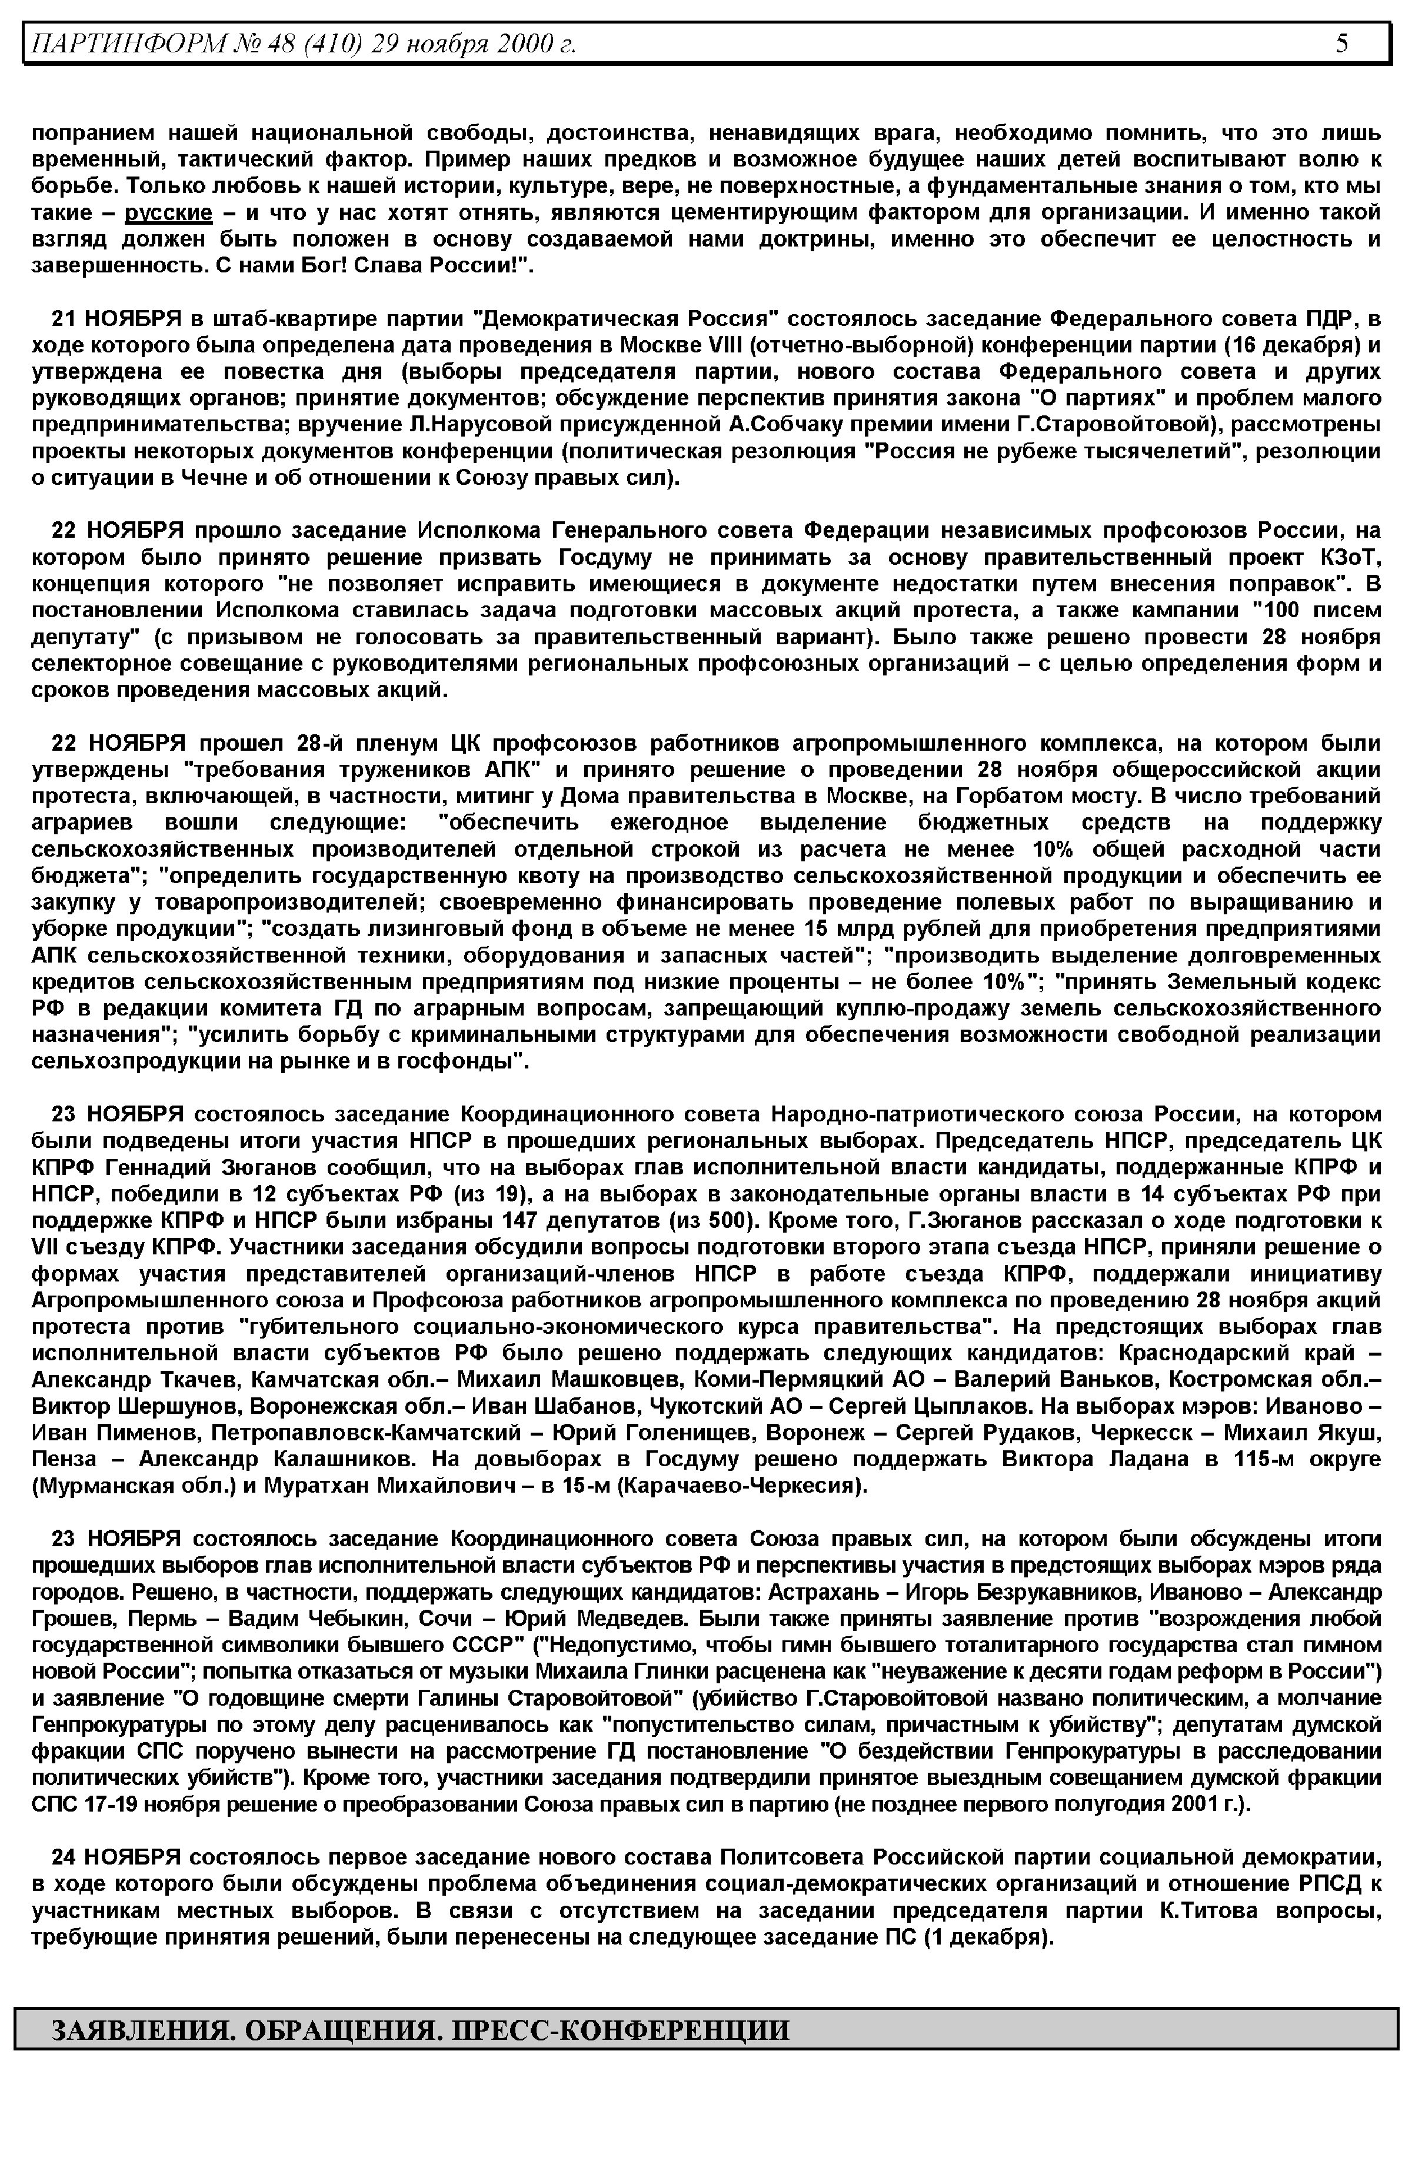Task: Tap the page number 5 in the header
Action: point(1341,43)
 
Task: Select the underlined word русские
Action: point(169,214)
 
